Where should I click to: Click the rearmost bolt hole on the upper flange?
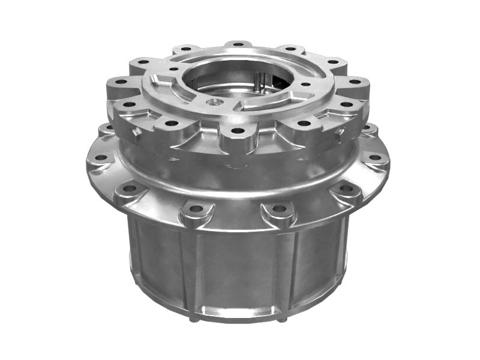pos(238,44)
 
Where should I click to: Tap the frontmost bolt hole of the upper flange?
pos(238,130)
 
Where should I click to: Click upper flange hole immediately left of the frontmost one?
pos(172,123)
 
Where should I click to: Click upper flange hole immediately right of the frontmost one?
pos(304,123)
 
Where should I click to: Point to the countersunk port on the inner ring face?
pos(211,103)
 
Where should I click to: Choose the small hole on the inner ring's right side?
pos(305,85)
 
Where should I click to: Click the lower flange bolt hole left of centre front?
pos(196,209)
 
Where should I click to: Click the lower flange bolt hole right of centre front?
pos(279,209)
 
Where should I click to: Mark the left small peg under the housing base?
pos(193,319)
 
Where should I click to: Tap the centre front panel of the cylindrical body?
pos(239,270)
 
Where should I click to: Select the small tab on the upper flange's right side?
pos(339,130)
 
